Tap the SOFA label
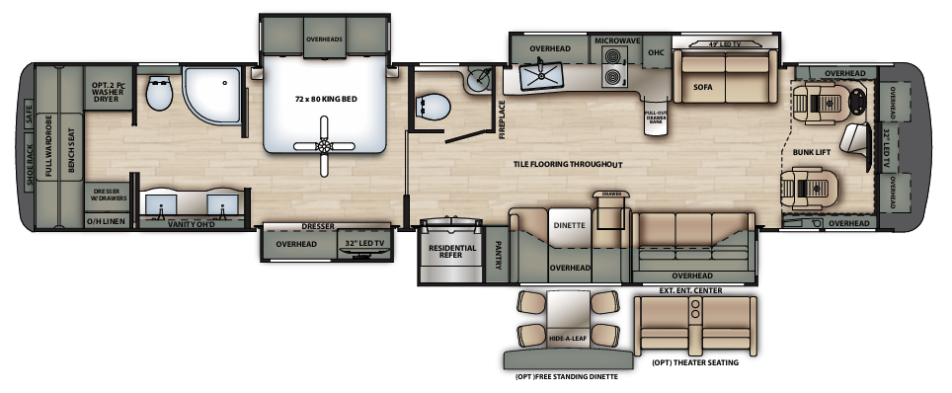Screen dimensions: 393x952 702,87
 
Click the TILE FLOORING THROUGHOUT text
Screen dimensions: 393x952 568,163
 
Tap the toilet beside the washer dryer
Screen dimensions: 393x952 158,95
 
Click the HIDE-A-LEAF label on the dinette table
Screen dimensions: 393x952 566,341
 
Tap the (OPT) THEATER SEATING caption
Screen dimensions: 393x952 695,364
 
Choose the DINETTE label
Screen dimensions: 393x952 569,225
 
